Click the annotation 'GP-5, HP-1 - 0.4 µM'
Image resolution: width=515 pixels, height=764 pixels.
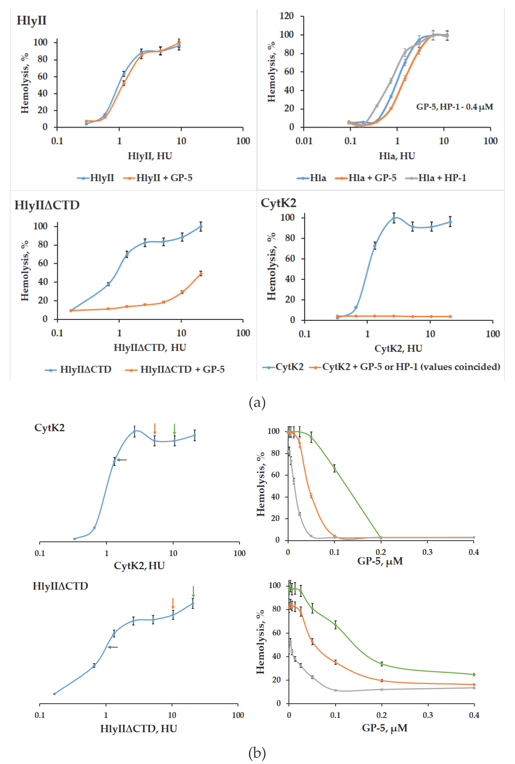[455, 107]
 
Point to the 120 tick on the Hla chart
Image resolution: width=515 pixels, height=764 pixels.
[286, 16]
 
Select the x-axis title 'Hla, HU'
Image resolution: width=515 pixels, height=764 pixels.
[397, 156]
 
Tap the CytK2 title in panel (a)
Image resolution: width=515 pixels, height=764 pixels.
[278, 203]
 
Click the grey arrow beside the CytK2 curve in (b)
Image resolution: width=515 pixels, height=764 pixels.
[122, 460]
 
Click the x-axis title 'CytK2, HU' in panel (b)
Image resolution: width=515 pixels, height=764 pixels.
[139, 565]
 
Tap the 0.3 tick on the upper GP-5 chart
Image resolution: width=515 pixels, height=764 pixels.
[427, 552]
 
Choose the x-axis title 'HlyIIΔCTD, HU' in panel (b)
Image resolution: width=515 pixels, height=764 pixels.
[139, 728]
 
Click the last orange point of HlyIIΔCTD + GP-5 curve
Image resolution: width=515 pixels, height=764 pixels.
[201, 274]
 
